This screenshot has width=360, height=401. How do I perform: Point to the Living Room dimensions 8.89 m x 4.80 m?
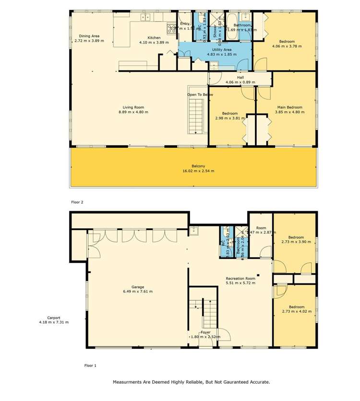tap(133, 112)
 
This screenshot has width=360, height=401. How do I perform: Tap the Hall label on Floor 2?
tap(240, 77)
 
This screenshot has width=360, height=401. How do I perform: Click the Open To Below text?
tap(200, 94)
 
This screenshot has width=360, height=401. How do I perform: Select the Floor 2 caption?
tap(77, 202)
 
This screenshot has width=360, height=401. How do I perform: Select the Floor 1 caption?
tap(90, 366)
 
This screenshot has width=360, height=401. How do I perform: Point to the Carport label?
tap(54, 317)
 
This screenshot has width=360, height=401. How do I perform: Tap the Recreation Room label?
tap(240, 278)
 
